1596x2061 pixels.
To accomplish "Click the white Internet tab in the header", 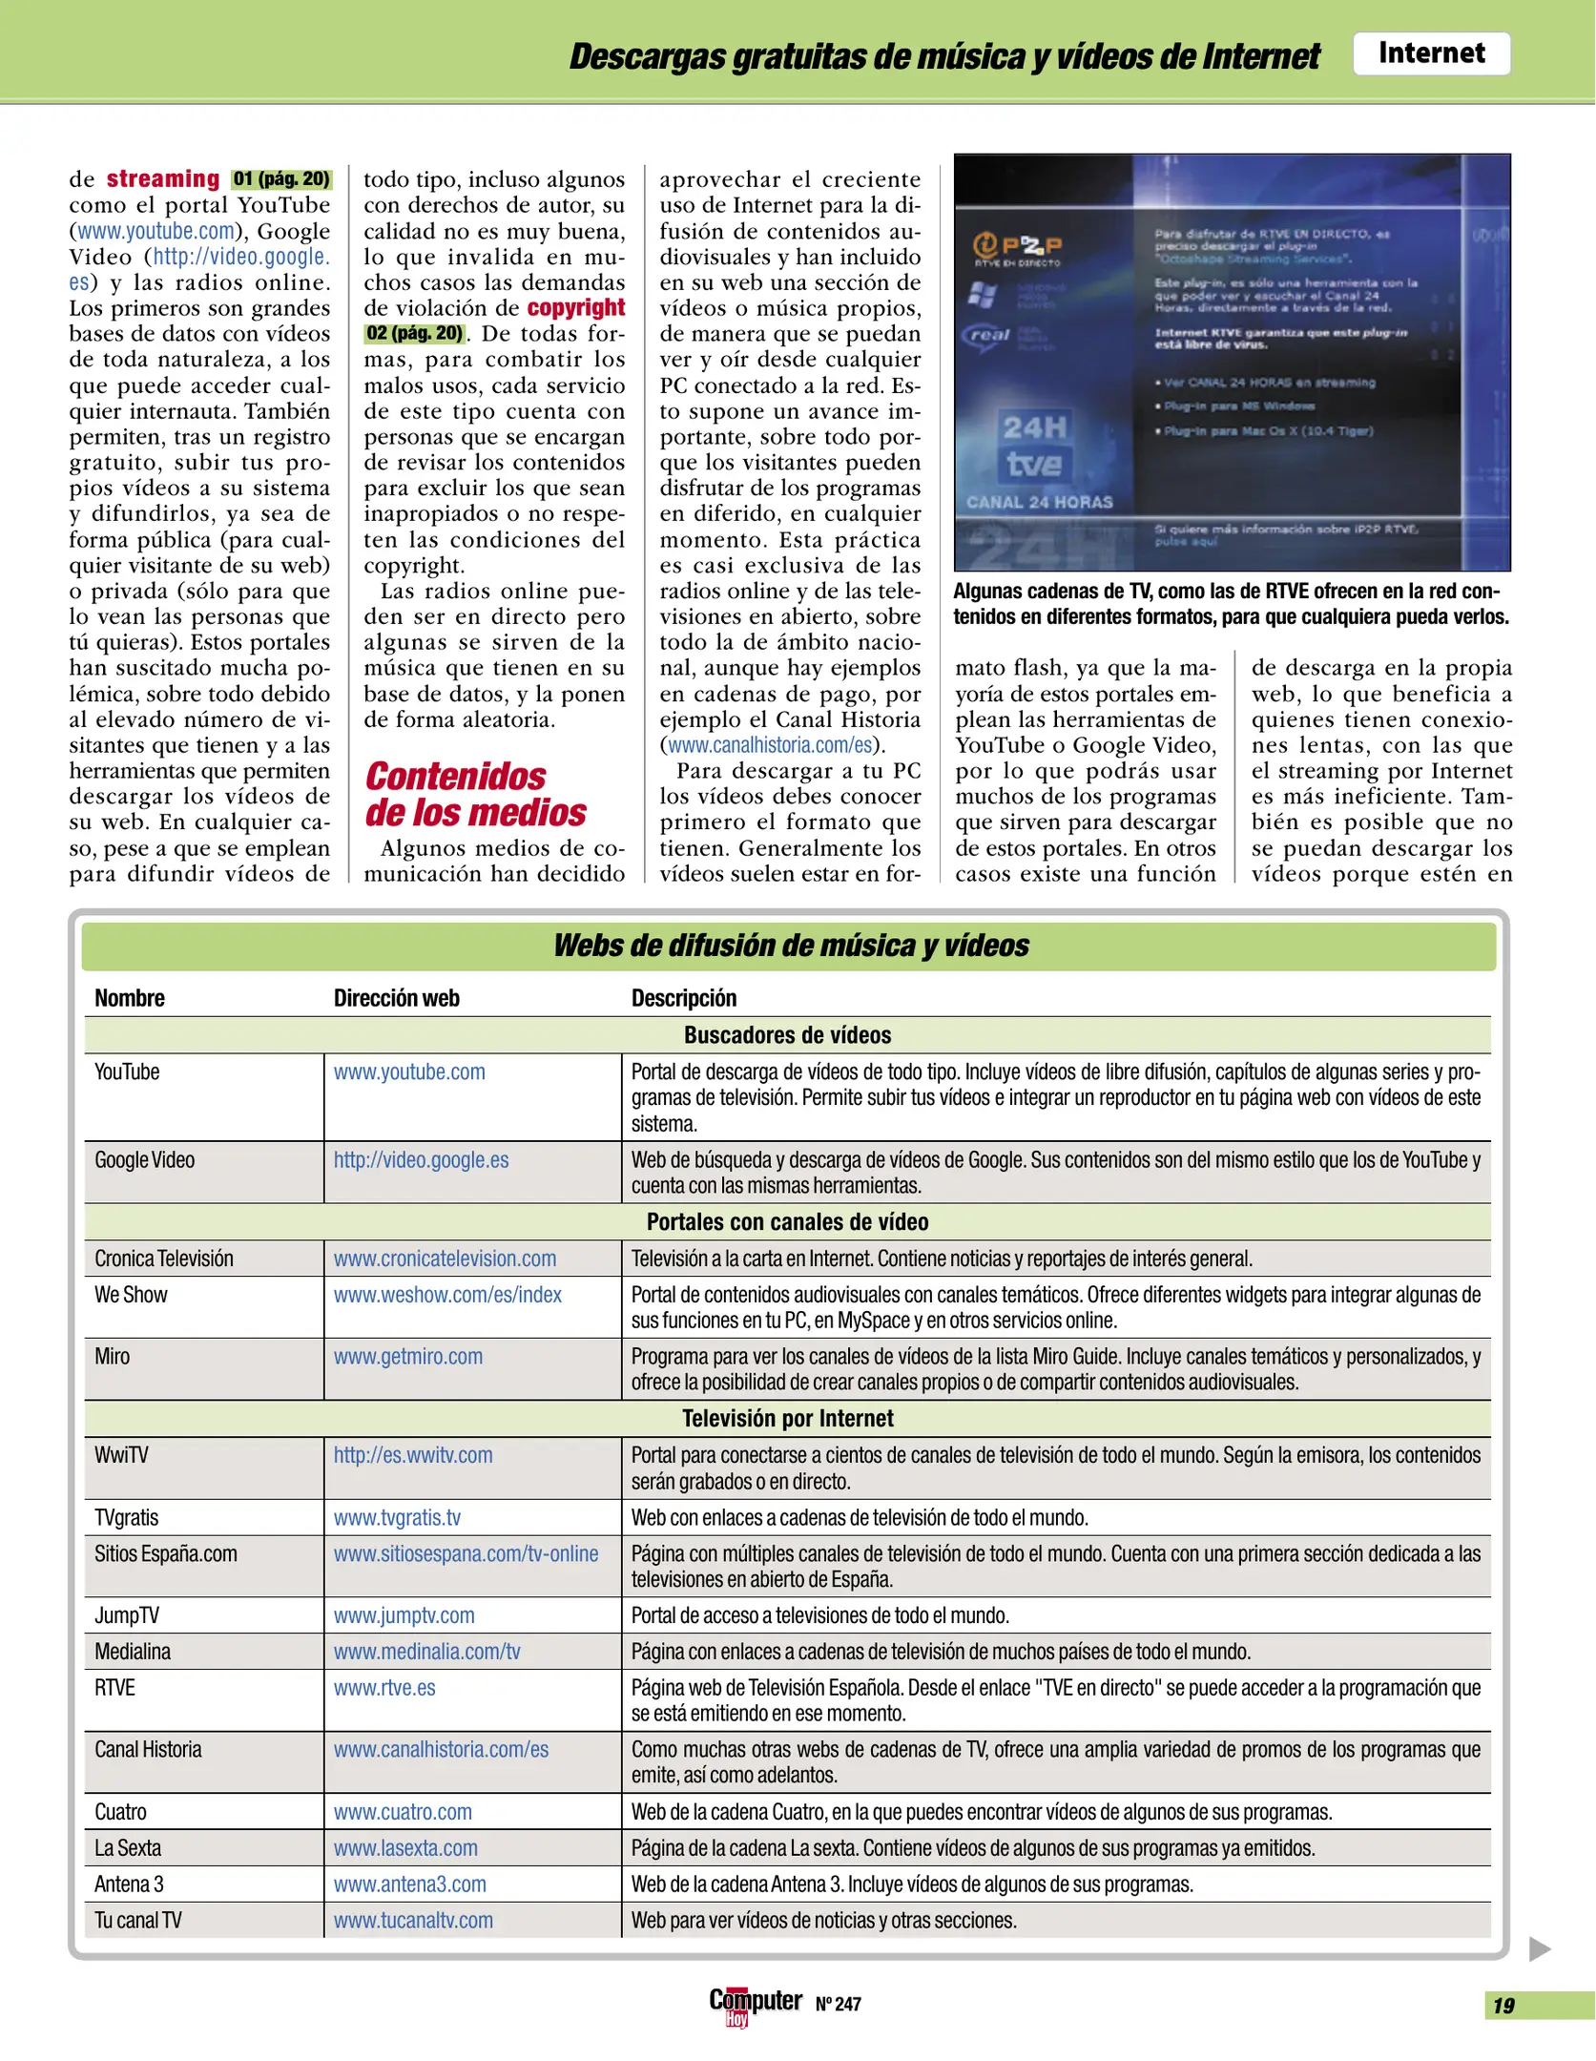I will tap(1430, 53).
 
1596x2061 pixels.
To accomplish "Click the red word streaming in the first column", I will tap(162, 178).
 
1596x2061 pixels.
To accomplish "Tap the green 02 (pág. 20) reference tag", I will tap(414, 333).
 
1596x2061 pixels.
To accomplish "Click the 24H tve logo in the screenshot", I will tap(1033, 446).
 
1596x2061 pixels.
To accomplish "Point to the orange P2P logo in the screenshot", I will tap(1016, 247).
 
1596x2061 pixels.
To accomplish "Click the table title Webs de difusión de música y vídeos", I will tap(790, 945).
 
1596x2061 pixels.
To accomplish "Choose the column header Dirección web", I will tap(396, 998).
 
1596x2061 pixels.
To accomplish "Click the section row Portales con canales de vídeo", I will tap(787, 1222).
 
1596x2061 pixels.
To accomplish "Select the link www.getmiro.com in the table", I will tap(407, 1356).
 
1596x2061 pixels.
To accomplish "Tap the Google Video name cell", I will tap(144, 1160).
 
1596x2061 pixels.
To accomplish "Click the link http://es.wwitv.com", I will tap(412, 1455).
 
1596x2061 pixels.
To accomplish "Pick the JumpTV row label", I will tap(126, 1615).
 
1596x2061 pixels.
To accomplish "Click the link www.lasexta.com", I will tap(404, 1848).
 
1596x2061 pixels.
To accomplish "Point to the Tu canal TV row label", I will tap(137, 1921).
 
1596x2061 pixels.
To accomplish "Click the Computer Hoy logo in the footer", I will tap(754, 2003).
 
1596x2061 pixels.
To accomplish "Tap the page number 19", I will tap(1503, 2006).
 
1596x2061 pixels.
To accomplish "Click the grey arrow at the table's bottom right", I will tap(1539, 1948).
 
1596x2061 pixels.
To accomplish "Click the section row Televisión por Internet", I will tap(787, 1419).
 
